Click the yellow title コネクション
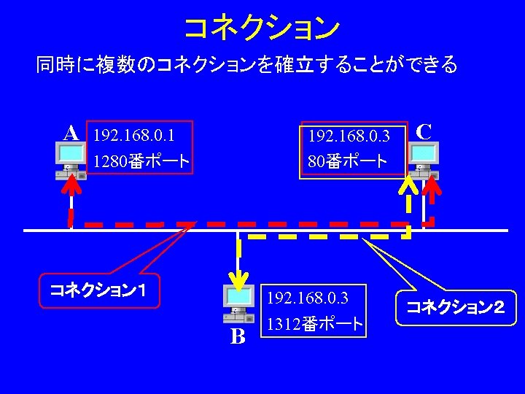pyautogui.click(x=262, y=28)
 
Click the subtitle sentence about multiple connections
pyautogui.click(x=247, y=66)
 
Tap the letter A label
pyautogui.click(x=71, y=133)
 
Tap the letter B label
pyautogui.click(x=238, y=336)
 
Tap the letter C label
pyautogui.click(x=424, y=131)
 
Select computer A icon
pyautogui.click(x=70, y=160)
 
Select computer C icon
pyautogui.click(x=424, y=160)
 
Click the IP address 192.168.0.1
pyautogui.click(x=133, y=135)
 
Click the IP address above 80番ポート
pyautogui.click(x=349, y=136)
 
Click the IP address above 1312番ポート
pyautogui.click(x=308, y=298)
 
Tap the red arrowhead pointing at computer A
pyautogui.click(x=71, y=187)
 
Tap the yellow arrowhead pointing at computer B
pyautogui.click(x=237, y=277)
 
